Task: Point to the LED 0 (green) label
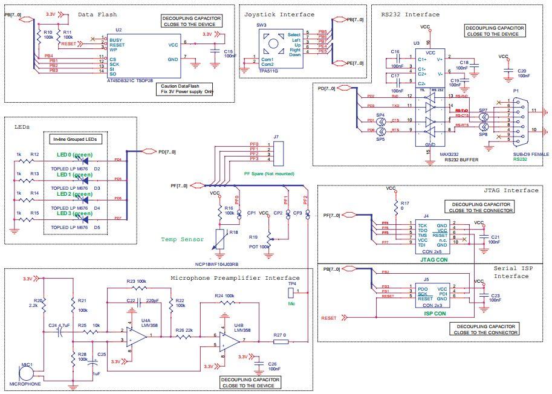click(75, 155)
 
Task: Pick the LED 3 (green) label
click(75, 213)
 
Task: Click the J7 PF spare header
click(277, 153)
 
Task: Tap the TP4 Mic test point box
click(292, 292)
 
